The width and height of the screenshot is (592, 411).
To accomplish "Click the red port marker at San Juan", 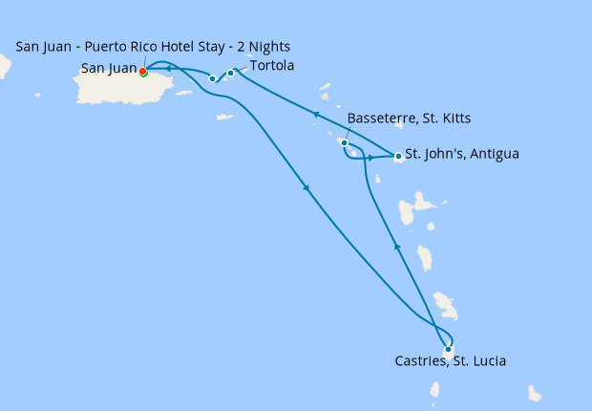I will pyautogui.click(x=142, y=72).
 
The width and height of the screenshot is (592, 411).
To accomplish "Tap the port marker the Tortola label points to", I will pyautogui.click(x=230, y=73).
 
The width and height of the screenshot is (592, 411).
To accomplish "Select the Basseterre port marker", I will pyautogui.click(x=345, y=143).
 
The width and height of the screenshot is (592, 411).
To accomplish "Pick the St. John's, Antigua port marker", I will pyautogui.click(x=397, y=156).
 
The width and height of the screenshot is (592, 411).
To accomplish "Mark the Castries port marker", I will pyautogui.click(x=448, y=348).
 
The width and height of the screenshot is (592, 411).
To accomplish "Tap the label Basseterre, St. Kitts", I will pyautogui.click(x=409, y=118).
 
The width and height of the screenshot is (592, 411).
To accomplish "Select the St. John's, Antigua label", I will pyautogui.click(x=462, y=153).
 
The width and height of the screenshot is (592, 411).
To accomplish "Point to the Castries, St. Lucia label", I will pyautogui.click(x=451, y=361).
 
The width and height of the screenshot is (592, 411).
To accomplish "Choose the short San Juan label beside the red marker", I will pyautogui.click(x=108, y=69).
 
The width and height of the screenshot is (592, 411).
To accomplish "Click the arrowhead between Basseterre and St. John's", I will pyautogui.click(x=370, y=157).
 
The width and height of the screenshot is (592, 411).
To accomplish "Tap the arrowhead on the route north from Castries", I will pyautogui.click(x=397, y=247).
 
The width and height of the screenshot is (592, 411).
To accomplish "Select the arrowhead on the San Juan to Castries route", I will pyautogui.click(x=307, y=188).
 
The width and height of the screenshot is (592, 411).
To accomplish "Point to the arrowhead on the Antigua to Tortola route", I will pyautogui.click(x=316, y=115).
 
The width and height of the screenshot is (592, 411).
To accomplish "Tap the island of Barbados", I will pyautogui.click(x=535, y=394).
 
